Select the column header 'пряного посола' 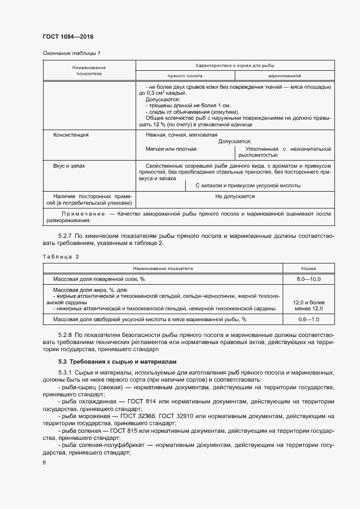(x=185, y=76)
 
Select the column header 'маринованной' (x=284, y=76)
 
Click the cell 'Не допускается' (x=235, y=197)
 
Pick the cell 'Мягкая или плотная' (x=171, y=149)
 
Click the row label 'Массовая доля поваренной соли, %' (x=99, y=279)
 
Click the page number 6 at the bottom (x=44, y=462)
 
